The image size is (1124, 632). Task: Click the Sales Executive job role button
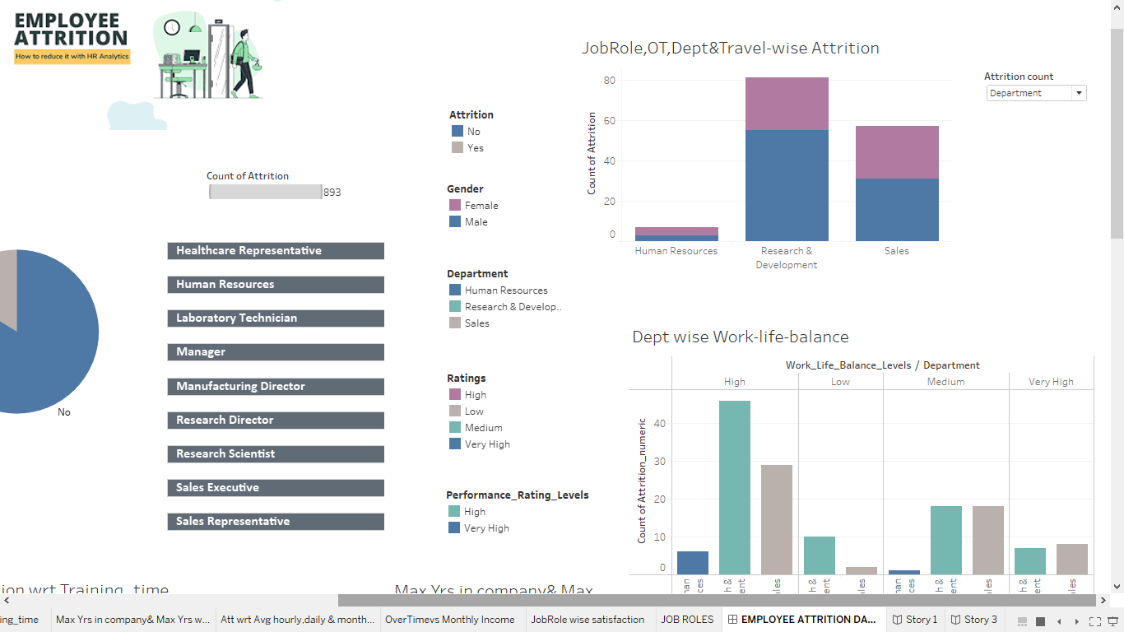pyautogui.click(x=276, y=488)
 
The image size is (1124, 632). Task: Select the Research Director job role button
pyautogui.click(x=276, y=421)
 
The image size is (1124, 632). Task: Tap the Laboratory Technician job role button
pyautogui.click(x=276, y=318)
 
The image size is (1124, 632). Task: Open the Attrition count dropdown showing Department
pyautogui.click(x=1036, y=93)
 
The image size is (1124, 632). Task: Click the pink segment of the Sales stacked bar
pyautogui.click(x=897, y=152)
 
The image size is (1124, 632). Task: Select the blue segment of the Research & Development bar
pyautogui.click(x=787, y=185)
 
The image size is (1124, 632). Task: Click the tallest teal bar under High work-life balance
pyautogui.click(x=735, y=487)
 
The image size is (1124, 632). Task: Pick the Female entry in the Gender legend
pyautogui.click(x=481, y=206)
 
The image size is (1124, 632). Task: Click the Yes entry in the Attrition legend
pyautogui.click(x=475, y=148)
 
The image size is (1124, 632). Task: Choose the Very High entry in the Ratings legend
pyautogui.click(x=486, y=444)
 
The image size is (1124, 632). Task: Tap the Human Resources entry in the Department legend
pyautogui.click(x=505, y=290)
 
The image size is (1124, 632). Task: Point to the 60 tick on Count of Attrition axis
pyautogui.click(x=609, y=121)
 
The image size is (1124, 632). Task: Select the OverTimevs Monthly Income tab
pyautogui.click(x=449, y=620)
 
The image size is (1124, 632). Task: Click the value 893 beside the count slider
pyautogui.click(x=332, y=193)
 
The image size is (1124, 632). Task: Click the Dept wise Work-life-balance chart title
pyautogui.click(x=740, y=337)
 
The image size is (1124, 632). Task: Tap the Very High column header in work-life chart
pyautogui.click(x=1051, y=382)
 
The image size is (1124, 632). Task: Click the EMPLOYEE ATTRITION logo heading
pyautogui.click(x=71, y=30)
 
